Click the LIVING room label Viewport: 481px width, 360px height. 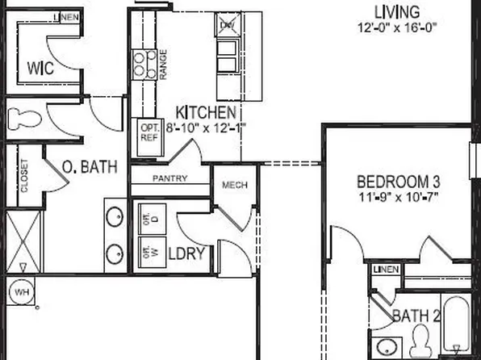(397, 12)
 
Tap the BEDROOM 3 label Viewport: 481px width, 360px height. (396, 180)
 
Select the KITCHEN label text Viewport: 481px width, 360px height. (207, 113)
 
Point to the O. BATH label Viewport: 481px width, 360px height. (90, 167)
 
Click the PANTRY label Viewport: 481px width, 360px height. (169, 178)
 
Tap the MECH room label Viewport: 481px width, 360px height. (235, 186)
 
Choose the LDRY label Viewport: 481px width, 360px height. (189, 253)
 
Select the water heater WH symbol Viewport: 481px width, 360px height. (19, 291)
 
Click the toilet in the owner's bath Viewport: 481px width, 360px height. (24, 119)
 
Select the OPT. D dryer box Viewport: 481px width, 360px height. (148, 216)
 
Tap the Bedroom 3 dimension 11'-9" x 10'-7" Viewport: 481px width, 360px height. (397, 196)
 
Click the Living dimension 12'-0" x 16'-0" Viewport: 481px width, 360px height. (397, 27)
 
